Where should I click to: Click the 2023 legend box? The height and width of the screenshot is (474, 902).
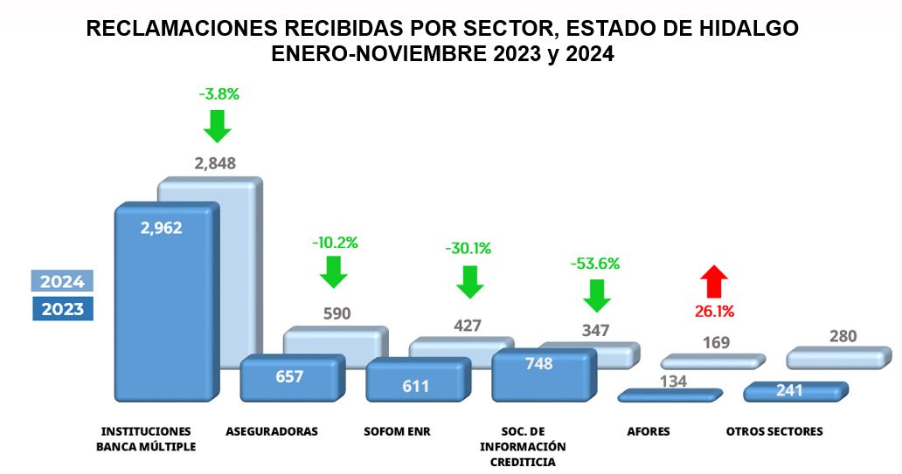pyautogui.click(x=63, y=308)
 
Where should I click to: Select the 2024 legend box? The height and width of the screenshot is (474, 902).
pyautogui.click(x=63, y=281)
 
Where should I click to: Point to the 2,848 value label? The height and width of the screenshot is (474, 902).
pyautogui.click(x=214, y=163)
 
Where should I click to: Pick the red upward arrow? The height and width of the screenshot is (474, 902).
pyautogui.click(x=713, y=282)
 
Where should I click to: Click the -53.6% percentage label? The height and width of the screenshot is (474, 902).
pyautogui.click(x=596, y=263)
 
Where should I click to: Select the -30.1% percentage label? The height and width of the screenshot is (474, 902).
pyautogui.click(x=468, y=248)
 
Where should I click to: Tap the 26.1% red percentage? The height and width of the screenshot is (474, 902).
pyautogui.click(x=714, y=311)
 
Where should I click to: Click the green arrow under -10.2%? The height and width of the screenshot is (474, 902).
pyautogui.click(x=333, y=273)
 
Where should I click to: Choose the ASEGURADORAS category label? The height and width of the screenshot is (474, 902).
pyautogui.click(x=272, y=431)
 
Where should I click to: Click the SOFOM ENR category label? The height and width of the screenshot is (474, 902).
pyautogui.click(x=398, y=431)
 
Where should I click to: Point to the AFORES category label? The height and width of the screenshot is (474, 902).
pyautogui.click(x=649, y=431)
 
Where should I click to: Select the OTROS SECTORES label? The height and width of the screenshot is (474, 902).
pyautogui.click(x=774, y=431)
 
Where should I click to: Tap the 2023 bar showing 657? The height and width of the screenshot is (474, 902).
pyautogui.click(x=290, y=377)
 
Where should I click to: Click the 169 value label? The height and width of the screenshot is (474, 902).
pyautogui.click(x=716, y=342)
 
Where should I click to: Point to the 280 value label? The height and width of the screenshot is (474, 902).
pyautogui.click(x=843, y=336)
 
